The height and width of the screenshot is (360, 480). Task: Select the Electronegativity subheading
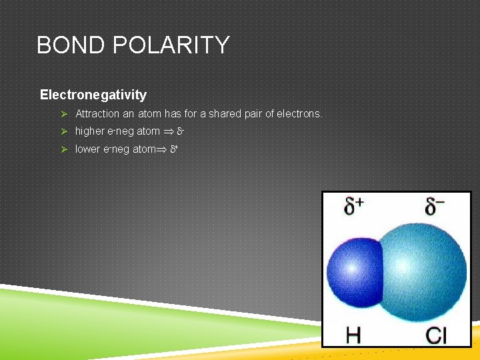click(x=93, y=95)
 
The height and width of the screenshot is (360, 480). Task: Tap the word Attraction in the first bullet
click(x=97, y=114)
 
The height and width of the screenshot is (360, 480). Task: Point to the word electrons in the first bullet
click(x=300, y=114)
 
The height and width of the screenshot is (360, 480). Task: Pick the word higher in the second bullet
click(x=90, y=131)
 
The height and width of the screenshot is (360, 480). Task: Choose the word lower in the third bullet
click(x=87, y=149)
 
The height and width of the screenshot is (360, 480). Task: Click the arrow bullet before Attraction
click(x=64, y=114)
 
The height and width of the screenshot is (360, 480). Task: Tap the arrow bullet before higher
click(x=64, y=131)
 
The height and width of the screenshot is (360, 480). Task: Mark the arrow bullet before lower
click(x=64, y=149)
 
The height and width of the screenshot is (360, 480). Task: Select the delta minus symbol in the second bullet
click(x=180, y=131)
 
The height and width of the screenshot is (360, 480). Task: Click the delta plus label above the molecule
click(x=354, y=207)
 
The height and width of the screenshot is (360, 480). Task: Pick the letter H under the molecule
click(x=353, y=333)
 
